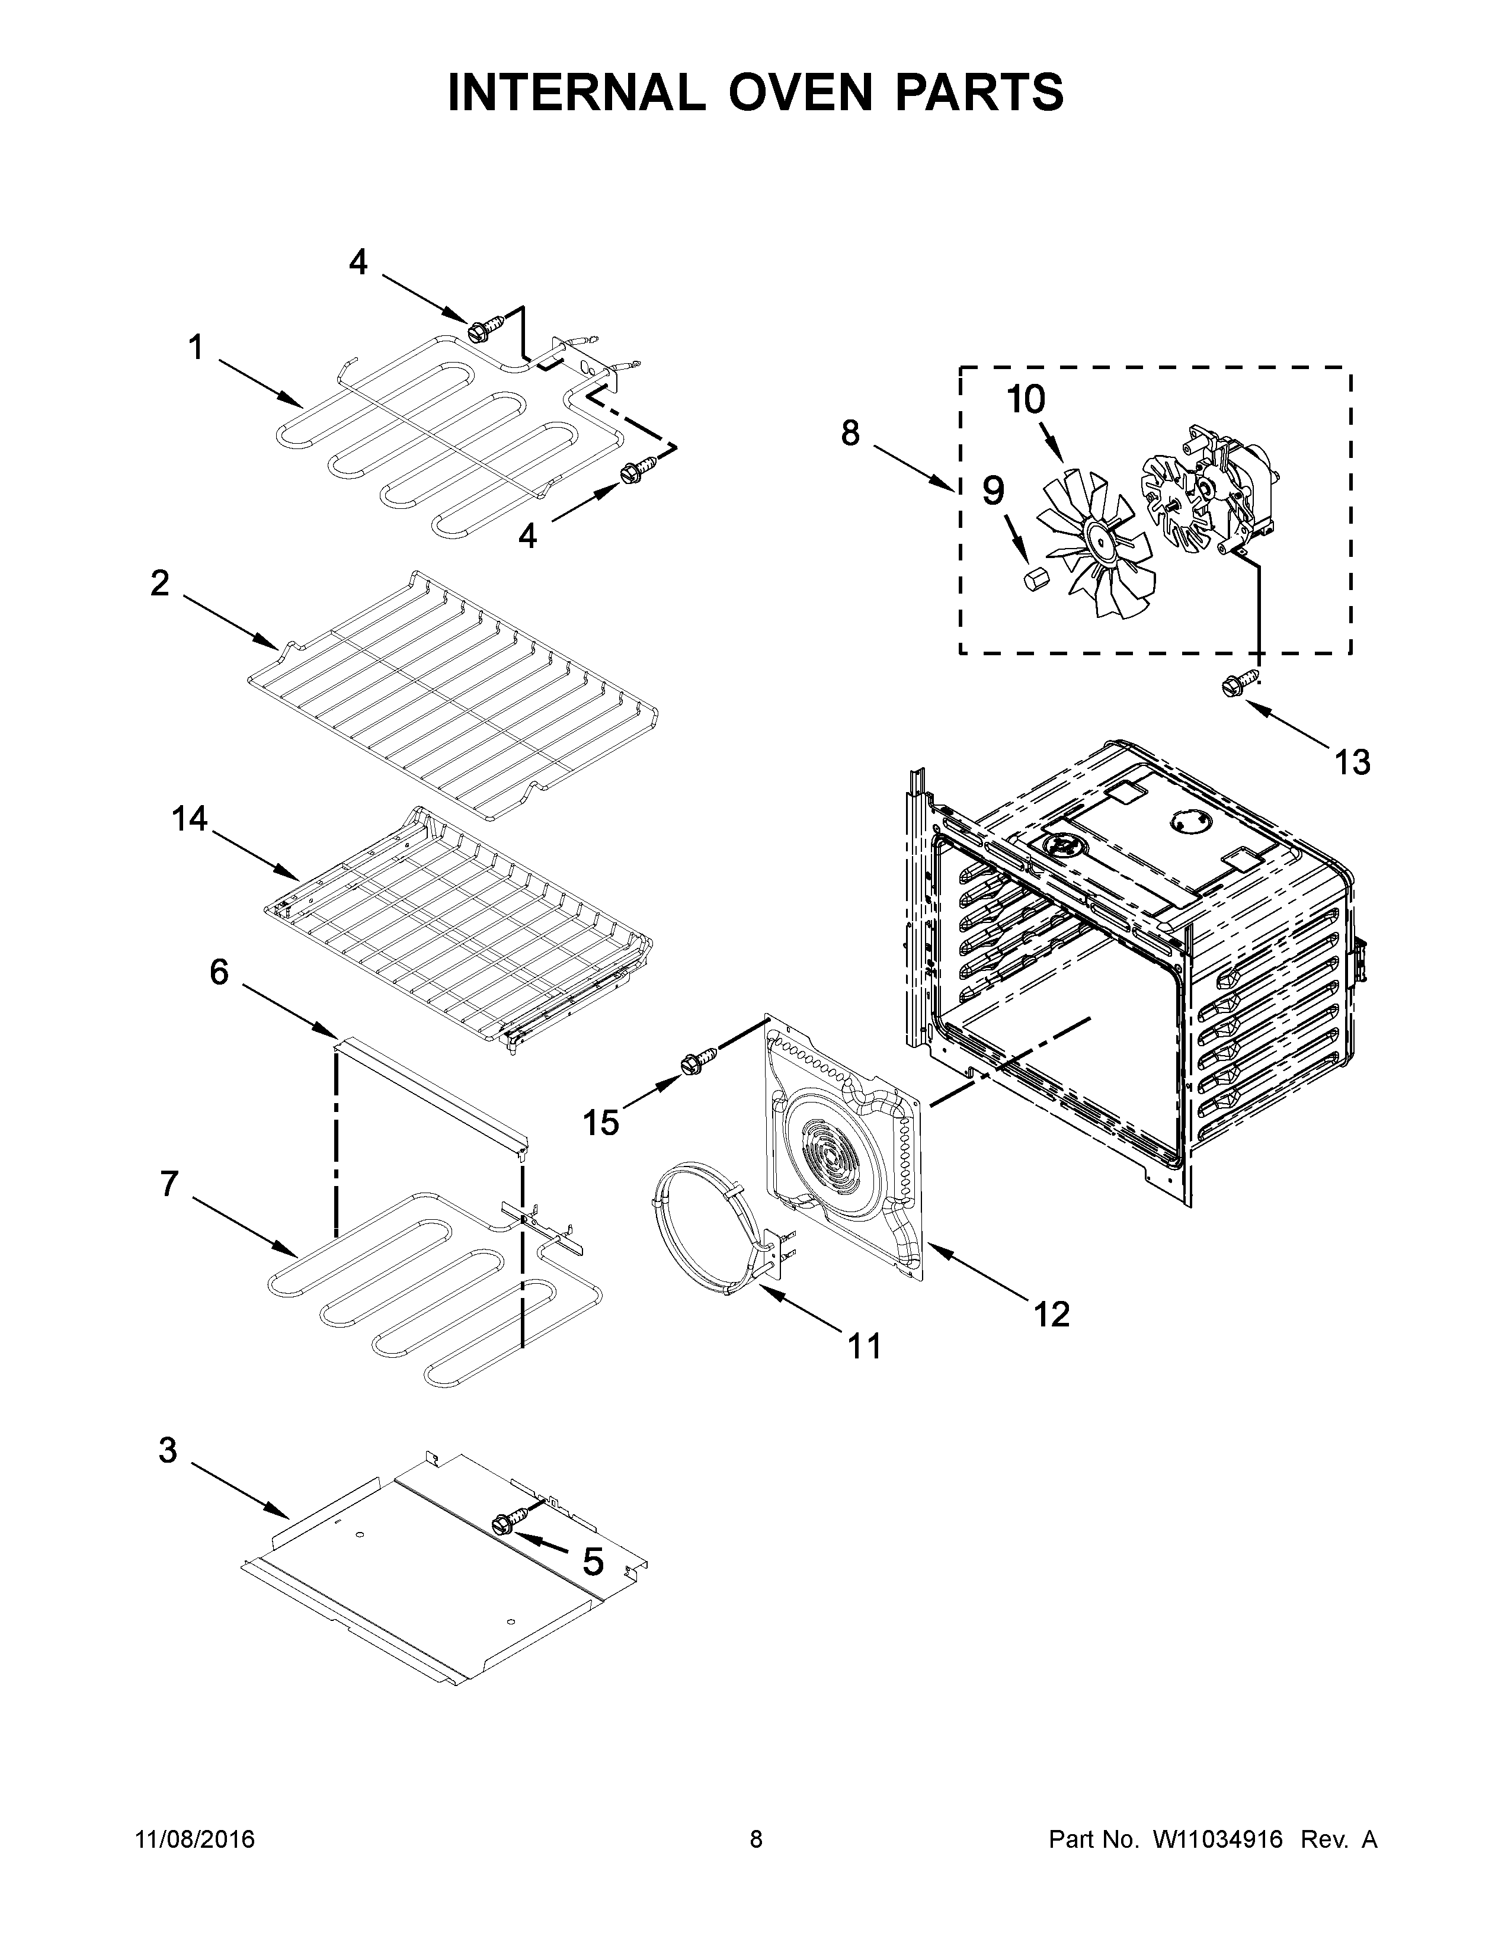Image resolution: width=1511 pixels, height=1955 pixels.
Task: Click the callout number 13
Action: [1352, 762]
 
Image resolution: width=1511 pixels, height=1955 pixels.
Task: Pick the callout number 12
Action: [1051, 1314]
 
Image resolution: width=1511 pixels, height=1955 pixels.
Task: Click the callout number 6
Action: [219, 971]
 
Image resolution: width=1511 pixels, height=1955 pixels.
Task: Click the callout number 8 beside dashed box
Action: [850, 432]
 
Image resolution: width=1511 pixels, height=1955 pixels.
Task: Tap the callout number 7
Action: [169, 1184]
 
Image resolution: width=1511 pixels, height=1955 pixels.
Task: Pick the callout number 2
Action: [159, 584]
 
